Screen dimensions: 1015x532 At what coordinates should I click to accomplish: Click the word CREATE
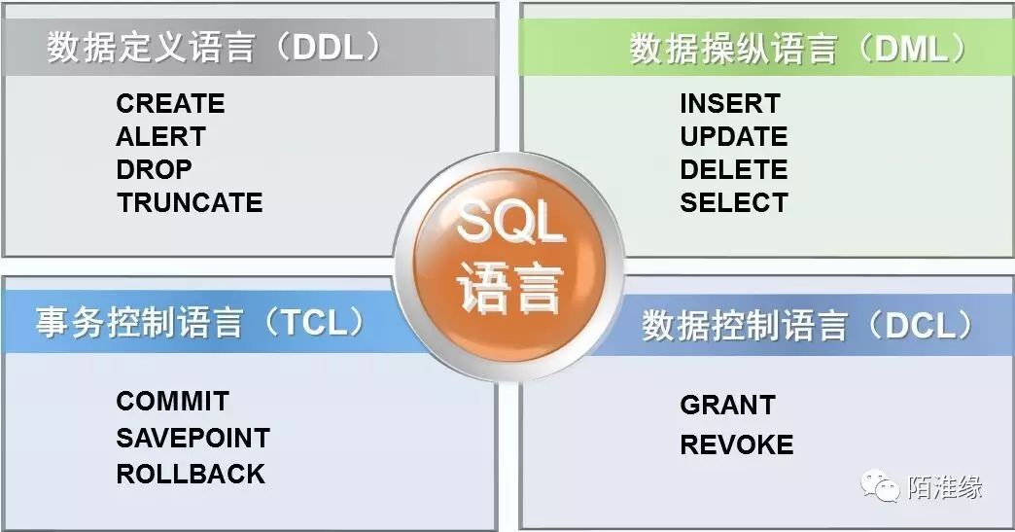170,103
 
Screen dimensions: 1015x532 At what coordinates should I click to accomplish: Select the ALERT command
161,136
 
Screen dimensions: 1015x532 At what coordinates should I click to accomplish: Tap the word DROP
154,169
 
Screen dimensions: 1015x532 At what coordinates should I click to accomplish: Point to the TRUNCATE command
190,202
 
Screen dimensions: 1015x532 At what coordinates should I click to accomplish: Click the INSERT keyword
730,103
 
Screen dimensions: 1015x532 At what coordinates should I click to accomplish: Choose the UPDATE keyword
734,136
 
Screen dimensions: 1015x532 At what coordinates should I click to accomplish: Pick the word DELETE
734,169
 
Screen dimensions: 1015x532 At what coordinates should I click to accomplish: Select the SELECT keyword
734,202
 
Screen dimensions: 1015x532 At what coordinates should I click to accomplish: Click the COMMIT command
173,402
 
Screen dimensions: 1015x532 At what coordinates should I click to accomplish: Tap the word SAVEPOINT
192,439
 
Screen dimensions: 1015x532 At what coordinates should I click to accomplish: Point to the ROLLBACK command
191,474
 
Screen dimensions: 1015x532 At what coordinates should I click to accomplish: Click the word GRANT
727,406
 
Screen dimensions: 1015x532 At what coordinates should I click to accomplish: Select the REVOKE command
737,444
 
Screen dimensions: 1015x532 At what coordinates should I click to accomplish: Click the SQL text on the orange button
510,222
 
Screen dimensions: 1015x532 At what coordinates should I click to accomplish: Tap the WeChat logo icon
880,485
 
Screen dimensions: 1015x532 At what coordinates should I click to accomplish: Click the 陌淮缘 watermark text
945,486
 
